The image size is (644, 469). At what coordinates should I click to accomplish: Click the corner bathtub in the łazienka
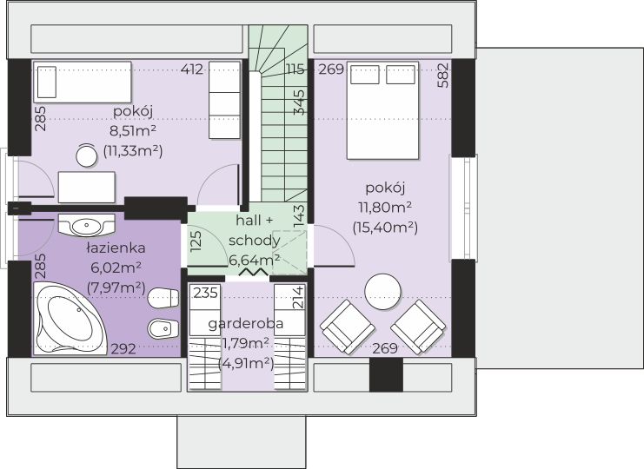pos(70,319)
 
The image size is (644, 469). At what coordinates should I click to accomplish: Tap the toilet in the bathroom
pos(163,298)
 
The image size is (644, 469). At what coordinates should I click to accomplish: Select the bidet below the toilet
pos(163,328)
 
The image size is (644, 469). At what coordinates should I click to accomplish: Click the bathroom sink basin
pos(86,225)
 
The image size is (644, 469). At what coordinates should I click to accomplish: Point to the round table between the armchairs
pos(383,291)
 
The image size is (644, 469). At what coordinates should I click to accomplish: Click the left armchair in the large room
pos(348,327)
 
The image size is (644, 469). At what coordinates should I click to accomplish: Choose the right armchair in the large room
pos(418,327)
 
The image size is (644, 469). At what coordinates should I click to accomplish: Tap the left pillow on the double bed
pos(364,75)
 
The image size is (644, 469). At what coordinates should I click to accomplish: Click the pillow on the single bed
pos(46,82)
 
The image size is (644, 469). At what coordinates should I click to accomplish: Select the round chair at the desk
pos(87,155)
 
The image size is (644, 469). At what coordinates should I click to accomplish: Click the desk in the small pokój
pos(87,187)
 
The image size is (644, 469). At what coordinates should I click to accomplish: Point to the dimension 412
pos(192,69)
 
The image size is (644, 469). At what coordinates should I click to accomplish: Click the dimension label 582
pos(443,75)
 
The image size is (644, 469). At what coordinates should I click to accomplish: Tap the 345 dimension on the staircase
pos(300,102)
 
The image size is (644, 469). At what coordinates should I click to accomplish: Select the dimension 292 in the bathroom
pos(123,348)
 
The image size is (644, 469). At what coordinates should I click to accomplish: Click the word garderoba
pos(246,323)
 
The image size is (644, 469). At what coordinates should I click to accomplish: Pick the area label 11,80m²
pos(385,208)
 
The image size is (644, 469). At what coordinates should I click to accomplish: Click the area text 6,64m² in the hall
pos(255,260)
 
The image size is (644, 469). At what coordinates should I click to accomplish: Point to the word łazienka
pos(116,248)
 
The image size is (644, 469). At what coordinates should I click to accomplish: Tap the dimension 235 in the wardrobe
pos(206,293)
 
